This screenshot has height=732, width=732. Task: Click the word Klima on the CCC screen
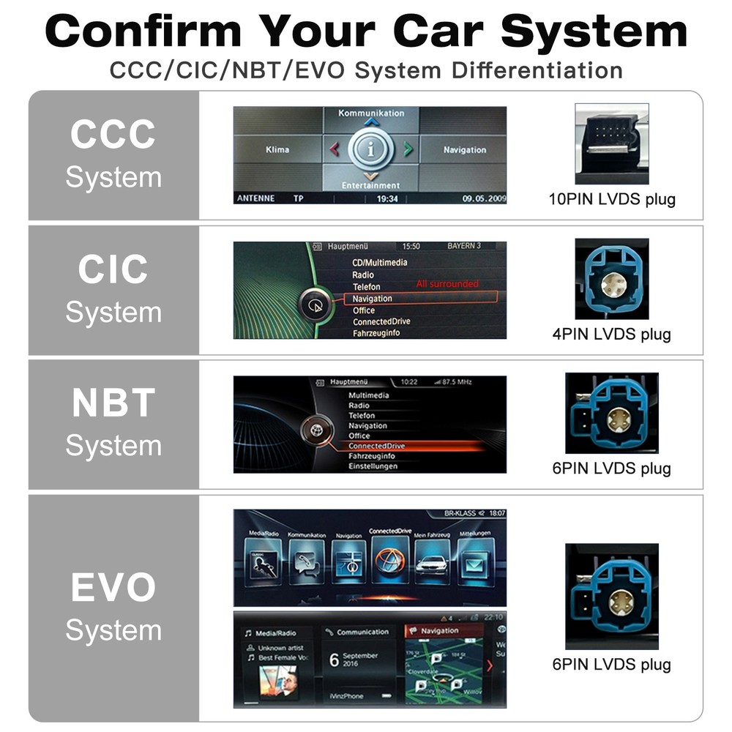(x=277, y=150)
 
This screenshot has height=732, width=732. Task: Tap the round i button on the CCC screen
(x=371, y=150)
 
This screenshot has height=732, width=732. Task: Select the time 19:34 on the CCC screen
(x=386, y=198)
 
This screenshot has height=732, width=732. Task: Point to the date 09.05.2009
(x=483, y=198)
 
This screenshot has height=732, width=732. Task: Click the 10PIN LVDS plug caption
(x=612, y=199)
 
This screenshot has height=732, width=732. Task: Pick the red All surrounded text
(x=447, y=284)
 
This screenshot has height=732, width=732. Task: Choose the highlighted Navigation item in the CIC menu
(x=373, y=299)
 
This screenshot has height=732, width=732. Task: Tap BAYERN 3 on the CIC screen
(x=464, y=247)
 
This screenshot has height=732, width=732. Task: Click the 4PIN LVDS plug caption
(x=612, y=335)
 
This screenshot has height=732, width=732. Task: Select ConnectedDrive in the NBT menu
(x=376, y=446)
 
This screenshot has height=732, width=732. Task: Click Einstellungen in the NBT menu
(x=373, y=466)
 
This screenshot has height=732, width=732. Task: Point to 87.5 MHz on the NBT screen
(x=456, y=382)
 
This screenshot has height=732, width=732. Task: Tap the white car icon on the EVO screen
(x=431, y=566)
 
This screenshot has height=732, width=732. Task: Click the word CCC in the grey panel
(x=113, y=135)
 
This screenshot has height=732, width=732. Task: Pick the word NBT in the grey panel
(x=113, y=403)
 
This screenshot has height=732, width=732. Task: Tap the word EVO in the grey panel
(x=113, y=588)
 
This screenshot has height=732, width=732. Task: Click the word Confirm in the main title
(x=143, y=32)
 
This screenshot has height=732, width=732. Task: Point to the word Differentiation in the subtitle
(x=537, y=71)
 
